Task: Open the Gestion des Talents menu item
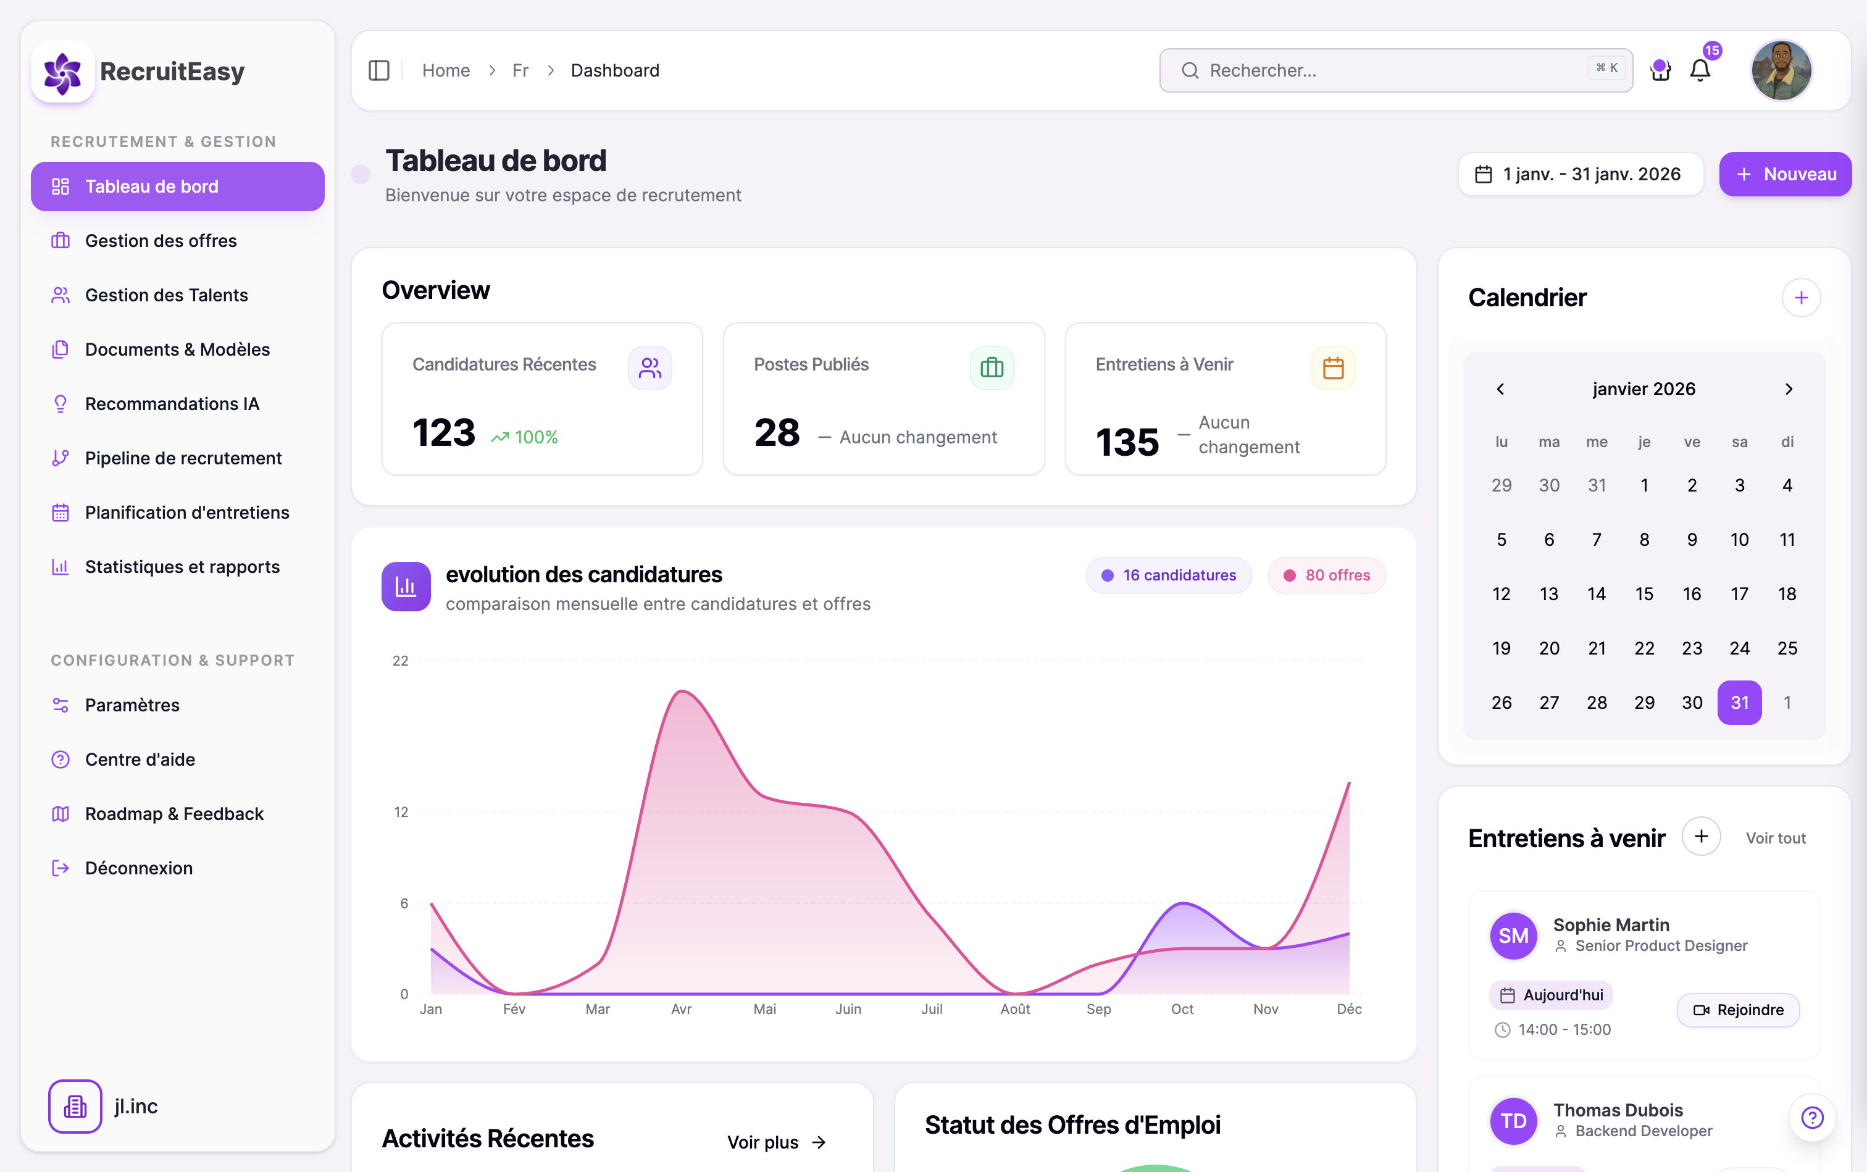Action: click(166, 295)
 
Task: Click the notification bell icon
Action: click(1700, 70)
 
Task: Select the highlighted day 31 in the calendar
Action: click(1739, 702)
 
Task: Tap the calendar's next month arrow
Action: click(1788, 389)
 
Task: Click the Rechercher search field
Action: click(1379, 70)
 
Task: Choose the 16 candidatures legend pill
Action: click(1168, 575)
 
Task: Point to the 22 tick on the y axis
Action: click(400, 661)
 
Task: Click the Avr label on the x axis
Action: click(680, 1008)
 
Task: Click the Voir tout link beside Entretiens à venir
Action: click(1775, 838)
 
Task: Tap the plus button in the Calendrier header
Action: click(1800, 298)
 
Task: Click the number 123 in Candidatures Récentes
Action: click(443, 432)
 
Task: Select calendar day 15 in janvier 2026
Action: click(1644, 594)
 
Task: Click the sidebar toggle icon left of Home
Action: click(378, 70)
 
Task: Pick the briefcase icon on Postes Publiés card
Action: click(992, 367)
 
